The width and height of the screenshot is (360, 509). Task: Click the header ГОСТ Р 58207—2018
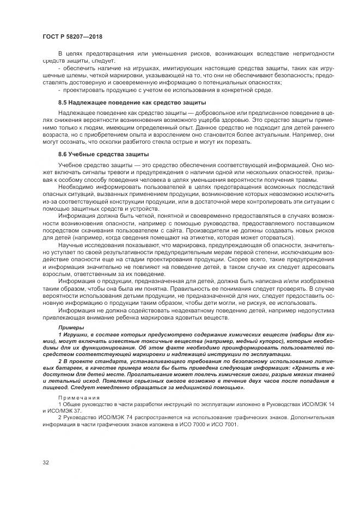[72, 36]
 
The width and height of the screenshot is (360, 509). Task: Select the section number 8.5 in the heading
[63, 102]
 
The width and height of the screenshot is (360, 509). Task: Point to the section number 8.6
[63, 155]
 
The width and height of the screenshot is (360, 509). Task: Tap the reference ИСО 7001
[228, 424]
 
